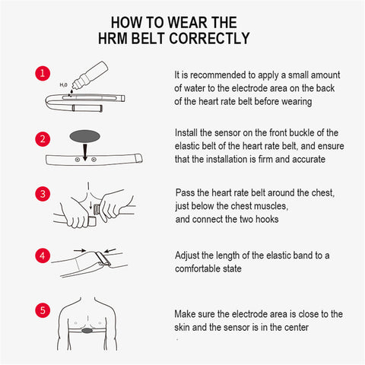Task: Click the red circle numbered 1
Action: click(43, 74)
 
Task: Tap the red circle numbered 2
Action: click(43, 139)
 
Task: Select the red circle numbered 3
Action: click(43, 194)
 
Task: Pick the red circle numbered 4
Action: click(43, 255)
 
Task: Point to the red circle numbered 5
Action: click(43, 310)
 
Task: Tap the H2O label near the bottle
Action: click(63, 84)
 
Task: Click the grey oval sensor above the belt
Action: click(85, 136)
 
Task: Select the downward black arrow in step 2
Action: click(85, 151)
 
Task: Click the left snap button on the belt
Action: click(78, 160)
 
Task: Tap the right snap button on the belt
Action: click(94, 160)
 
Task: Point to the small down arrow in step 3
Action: click(90, 205)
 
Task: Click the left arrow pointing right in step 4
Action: click(80, 250)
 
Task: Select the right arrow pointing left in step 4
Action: click(110, 251)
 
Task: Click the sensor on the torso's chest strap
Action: click(87, 330)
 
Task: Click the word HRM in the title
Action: click(113, 39)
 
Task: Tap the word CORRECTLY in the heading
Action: click(209, 39)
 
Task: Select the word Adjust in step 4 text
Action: click(187, 255)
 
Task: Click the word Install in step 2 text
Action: click(186, 133)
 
